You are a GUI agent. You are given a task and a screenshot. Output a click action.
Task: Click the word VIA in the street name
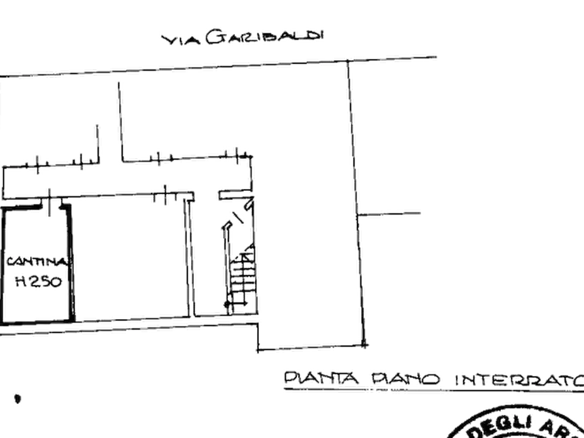180,39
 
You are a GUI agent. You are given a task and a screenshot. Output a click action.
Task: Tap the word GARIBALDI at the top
264,37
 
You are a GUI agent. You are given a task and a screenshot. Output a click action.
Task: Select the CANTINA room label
37,261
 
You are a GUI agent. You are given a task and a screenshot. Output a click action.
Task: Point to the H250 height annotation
39,281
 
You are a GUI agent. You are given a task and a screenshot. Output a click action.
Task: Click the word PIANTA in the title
321,378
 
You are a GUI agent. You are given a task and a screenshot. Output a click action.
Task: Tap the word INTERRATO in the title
520,380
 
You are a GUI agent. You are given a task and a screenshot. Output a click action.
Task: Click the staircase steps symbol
243,277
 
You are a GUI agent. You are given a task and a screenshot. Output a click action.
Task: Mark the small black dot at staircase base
227,304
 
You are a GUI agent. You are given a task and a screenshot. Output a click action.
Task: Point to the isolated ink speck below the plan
18,399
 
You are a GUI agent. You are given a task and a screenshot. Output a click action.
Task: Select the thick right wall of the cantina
71,263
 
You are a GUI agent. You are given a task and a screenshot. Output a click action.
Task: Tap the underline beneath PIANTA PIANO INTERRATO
434,390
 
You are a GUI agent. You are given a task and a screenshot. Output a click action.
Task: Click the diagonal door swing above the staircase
237,217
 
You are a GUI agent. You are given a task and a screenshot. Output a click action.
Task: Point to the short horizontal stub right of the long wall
389,214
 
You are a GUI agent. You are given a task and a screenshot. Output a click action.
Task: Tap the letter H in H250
21,281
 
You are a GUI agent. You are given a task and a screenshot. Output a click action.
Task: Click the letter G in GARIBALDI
215,37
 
